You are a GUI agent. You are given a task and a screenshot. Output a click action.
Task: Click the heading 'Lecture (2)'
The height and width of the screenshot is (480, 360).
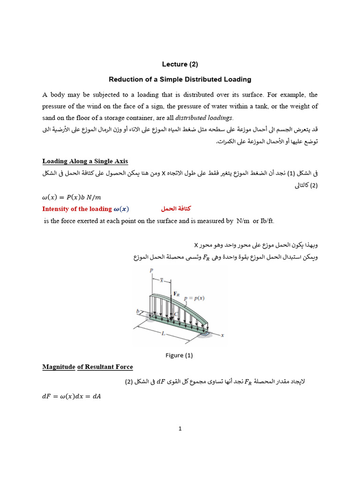(180, 64)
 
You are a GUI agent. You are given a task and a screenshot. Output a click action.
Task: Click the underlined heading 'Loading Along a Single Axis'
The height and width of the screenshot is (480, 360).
(85, 161)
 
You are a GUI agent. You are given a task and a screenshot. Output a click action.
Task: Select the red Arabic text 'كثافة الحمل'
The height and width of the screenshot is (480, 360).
(176, 209)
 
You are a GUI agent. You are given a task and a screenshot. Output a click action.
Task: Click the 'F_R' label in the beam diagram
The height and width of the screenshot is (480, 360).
(177, 293)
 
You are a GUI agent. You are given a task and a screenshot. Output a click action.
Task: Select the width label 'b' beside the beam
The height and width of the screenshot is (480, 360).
(138, 311)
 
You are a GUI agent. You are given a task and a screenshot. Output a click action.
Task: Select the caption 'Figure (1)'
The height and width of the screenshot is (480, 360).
(179, 355)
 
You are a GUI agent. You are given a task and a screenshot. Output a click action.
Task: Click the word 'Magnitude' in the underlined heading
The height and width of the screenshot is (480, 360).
(59, 367)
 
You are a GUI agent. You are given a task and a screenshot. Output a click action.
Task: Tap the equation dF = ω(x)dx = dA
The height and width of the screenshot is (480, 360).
(72, 396)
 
